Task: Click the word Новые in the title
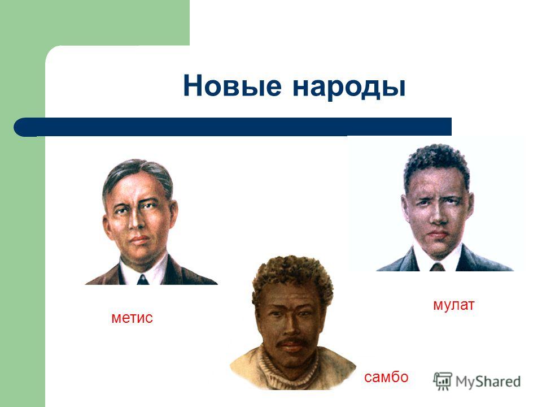coord(232,85)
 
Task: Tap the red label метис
coord(132,318)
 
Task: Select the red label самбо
coord(386,377)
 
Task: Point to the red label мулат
coord(454,305)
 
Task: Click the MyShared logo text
coord(488,382)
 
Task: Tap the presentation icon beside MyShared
coord(443,381)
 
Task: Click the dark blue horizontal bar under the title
coord(233,127)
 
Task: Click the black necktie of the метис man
coord(143,280)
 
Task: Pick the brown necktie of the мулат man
coord(437,267)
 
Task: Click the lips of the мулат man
coord(438,235)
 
